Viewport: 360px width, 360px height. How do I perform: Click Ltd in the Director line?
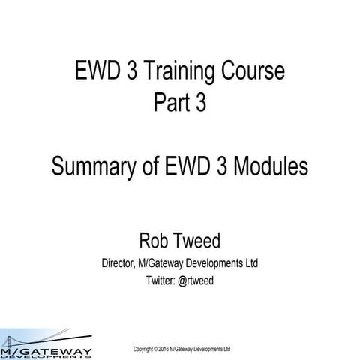[x=251, y=263]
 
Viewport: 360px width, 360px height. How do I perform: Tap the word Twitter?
[x=163, y=280]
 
